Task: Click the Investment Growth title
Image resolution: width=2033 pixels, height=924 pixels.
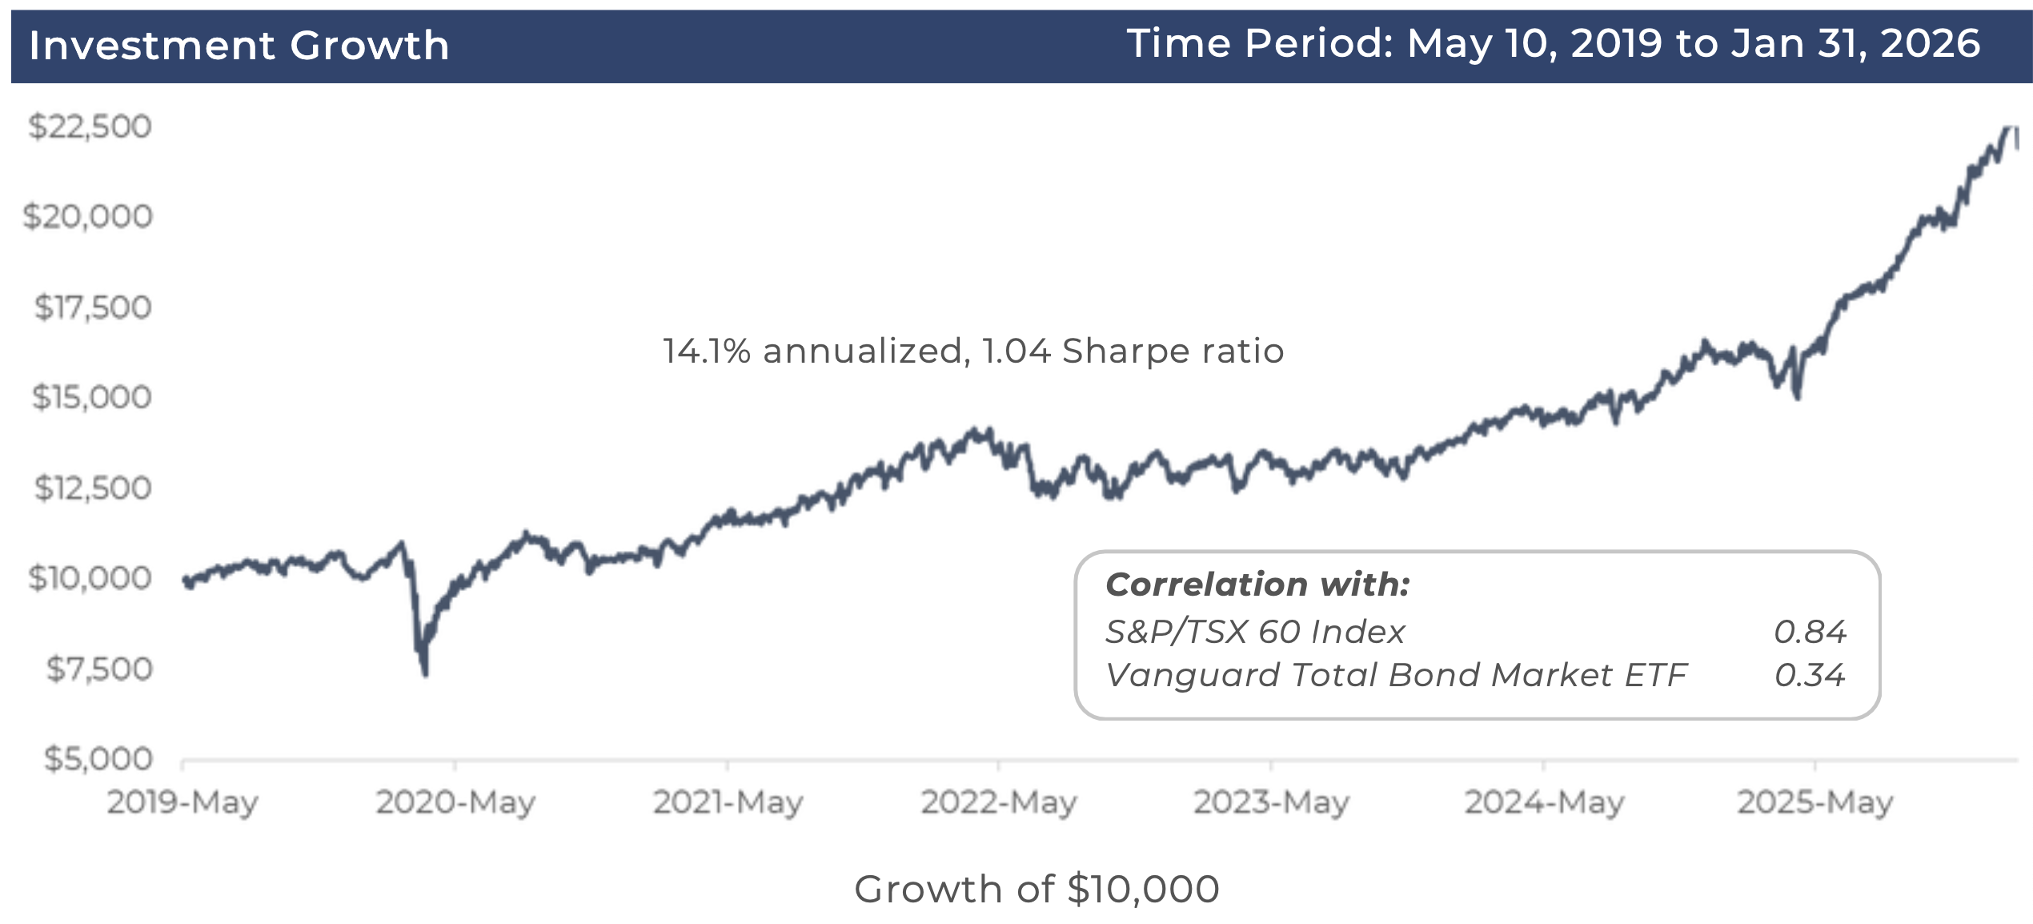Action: pyautogui.click(x=239, y=45)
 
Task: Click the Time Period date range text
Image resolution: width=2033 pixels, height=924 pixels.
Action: pyautogui.click(x=1553, y=43)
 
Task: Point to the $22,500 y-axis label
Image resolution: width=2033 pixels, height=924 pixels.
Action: pyautogui.click(x=90, y=127)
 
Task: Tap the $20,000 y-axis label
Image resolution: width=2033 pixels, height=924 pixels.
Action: pyautogui.click(x=88, y=216)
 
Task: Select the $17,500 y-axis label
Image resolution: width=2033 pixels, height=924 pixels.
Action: pyautogui.click(x=92, y=307)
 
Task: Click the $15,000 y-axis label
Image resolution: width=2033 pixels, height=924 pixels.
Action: pyautogui.click(x=91, y=397)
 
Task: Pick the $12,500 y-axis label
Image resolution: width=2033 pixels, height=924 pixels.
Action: pyautogui.click(x=92, y=488)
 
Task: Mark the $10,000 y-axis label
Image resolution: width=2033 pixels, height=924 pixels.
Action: pyautogui.click(x=90, y=577)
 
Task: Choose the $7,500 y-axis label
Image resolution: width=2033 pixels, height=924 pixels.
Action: pyautogui.click(x=98, y=669)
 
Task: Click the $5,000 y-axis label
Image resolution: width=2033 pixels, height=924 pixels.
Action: pyautogui.click(x=98, y=758)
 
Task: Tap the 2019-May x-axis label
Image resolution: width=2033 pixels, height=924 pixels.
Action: pyautogui.click(x=182, y=801)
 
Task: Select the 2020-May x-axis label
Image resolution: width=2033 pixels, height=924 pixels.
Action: pyautogui.click(x=455, y=801)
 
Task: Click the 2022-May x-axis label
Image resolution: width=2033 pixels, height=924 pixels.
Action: pyautogui.click(x=999, y=801)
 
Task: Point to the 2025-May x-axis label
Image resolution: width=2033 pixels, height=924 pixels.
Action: pyautogui.click(x=1815, y=801)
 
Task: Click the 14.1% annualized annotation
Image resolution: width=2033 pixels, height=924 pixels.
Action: pyautogui.click(x=973, y=351)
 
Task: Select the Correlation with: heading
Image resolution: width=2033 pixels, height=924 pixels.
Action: pyautogui.click(x=1257, y=585)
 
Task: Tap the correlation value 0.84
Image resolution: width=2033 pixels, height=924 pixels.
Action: pyautogui.click(x=1810, y=632)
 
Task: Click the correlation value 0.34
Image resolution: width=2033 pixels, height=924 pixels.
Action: pyautogui.click(x=1810, y=675)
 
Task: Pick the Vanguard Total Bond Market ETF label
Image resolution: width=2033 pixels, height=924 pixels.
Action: pyautogui.click(x=1397, y=675)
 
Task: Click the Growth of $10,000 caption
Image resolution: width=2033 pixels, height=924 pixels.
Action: pyautogui.click(x=1037, y=889)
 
